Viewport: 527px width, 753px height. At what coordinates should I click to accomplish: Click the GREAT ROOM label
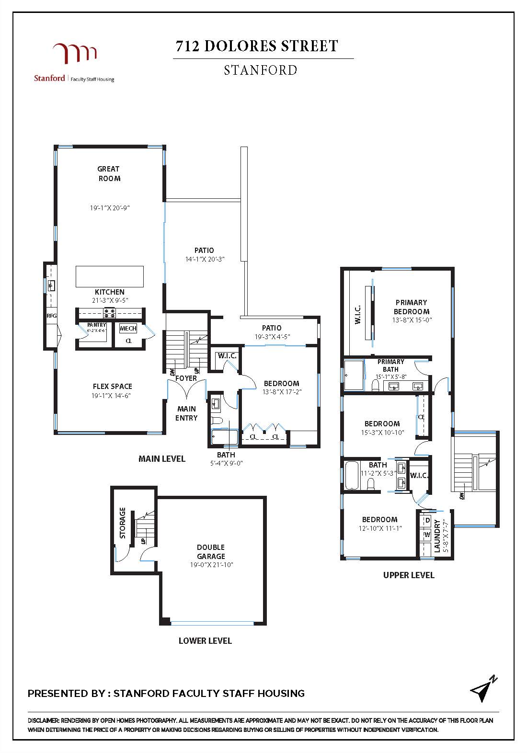109,173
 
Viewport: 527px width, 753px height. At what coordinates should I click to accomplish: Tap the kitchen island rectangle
110,276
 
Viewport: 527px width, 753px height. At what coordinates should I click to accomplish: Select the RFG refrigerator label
51,316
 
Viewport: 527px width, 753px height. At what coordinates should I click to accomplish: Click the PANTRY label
96,325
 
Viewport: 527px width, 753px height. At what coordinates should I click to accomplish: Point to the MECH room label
128,329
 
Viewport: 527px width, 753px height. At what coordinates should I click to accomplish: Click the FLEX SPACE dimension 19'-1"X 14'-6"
111,396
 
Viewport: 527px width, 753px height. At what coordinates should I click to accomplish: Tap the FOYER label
186,378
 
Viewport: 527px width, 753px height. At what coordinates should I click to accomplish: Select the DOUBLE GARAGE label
211,552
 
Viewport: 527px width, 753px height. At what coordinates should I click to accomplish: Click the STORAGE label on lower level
123,523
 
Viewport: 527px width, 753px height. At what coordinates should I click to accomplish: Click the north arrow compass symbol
483,689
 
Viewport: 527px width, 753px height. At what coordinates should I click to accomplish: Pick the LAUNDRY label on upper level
437,536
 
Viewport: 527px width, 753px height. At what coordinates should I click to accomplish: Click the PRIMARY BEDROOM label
412,307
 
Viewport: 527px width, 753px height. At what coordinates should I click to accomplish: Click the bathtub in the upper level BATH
352,475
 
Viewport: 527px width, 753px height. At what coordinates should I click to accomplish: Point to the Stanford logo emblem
75,53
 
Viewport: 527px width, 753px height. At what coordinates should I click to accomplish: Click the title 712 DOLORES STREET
257,46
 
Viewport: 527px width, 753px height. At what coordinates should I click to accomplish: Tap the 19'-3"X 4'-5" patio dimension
272,336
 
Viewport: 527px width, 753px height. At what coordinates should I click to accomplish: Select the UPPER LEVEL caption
409,575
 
